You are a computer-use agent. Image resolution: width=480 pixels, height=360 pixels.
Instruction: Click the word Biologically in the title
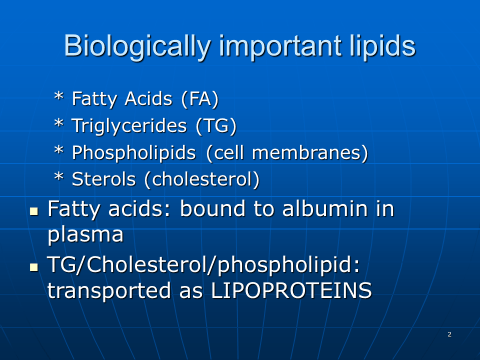click(138, 47)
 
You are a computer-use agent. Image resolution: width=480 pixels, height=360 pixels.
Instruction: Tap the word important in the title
click(281, 46)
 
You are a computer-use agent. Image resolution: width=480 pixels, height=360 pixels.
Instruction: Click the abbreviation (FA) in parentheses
click(200, 99)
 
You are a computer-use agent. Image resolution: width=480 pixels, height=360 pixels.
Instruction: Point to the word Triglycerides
click(129, 127)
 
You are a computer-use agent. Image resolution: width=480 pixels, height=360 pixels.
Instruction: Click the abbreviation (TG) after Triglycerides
click(216, 126)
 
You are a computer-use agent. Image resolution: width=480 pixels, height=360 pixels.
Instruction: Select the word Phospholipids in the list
click(134, 153)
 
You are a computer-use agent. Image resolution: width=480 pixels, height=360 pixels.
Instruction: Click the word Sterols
click(104, 179)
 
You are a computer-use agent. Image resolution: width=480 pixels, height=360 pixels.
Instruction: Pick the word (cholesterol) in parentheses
click(202, 180)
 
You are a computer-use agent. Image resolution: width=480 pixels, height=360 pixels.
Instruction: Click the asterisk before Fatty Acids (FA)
click(59, 96)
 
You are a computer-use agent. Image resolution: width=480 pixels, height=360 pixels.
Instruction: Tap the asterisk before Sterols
click(59, 176)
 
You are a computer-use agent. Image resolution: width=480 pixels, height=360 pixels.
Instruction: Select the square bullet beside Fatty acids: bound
click(34, 211)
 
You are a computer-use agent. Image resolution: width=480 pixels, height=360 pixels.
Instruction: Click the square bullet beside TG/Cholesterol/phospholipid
click(34, 267)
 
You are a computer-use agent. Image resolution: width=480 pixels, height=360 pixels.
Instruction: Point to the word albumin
click(325, 209)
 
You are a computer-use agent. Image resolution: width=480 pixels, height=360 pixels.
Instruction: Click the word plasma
click(86, 235)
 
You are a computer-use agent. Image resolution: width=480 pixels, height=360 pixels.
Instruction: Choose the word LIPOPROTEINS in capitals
click(291, 290)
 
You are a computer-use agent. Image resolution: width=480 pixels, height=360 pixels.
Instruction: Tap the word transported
click(109, 291)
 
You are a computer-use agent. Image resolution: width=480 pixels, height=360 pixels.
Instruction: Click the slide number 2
click(449, 334)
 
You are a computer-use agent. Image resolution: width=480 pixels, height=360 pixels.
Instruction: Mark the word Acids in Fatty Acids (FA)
click(149, 99)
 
